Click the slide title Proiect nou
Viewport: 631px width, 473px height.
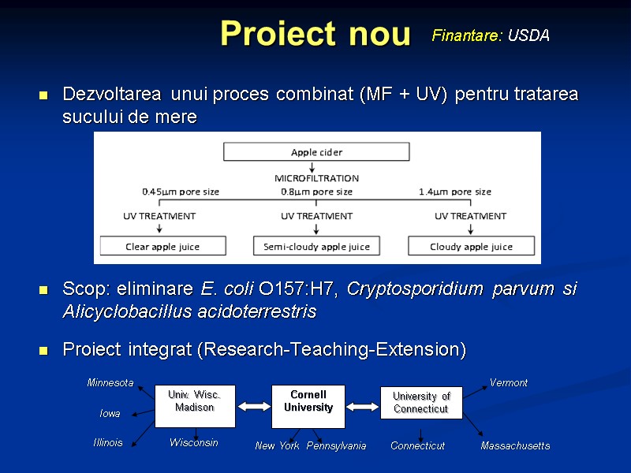tap(315, 34)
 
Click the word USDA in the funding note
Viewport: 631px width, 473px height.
tap(528, 36)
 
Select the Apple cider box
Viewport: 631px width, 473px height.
tap(316, 152)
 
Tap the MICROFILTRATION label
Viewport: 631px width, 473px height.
tap(316, 178)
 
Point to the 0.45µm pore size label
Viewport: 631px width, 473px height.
tap(181, 192)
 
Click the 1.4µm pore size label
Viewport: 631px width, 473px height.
tap(455, 192)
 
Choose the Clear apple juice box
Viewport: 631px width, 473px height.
tap(162, 247)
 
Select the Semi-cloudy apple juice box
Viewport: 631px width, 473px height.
tap(316, 247)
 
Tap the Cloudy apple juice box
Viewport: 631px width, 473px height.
tap(471, 247)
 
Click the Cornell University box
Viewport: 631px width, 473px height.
tap(308, 401)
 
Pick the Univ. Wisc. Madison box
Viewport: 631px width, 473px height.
tap(194, 401)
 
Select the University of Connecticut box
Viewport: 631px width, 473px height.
tap(421, 402)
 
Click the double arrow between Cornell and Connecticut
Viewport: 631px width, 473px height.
tap(363, 407)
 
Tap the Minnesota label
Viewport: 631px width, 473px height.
tap(110, 383)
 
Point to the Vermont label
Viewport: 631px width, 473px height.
tap(509, 383)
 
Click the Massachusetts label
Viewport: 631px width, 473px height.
tap(515, 446)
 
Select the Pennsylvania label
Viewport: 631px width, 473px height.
tap(336, 446)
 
